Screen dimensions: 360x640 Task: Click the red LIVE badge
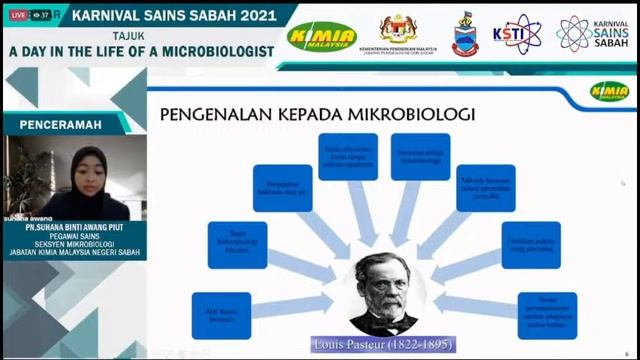(x=17, y=16)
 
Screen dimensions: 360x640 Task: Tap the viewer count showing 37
(x=43, y=16)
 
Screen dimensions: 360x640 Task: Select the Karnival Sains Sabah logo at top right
(x=589, y=35)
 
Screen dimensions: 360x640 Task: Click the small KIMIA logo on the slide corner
(x=609, y=91)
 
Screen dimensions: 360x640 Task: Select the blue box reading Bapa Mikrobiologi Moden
(x=237, y=244)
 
